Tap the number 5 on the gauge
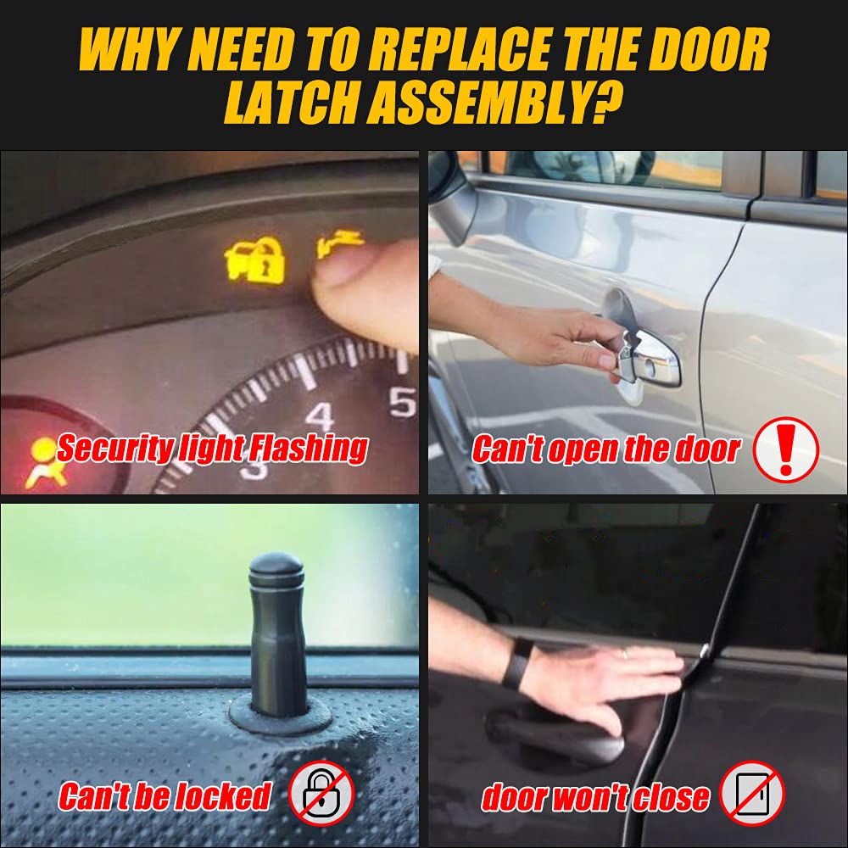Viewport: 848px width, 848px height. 403,401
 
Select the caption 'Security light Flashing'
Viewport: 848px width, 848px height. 212,448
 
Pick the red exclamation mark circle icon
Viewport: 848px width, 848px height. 786,449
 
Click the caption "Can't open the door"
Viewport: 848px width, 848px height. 605,449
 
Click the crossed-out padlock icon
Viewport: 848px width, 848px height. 321,795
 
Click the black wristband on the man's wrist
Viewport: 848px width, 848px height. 518,662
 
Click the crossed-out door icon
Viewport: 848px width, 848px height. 752,794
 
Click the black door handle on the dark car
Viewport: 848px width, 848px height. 551,729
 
